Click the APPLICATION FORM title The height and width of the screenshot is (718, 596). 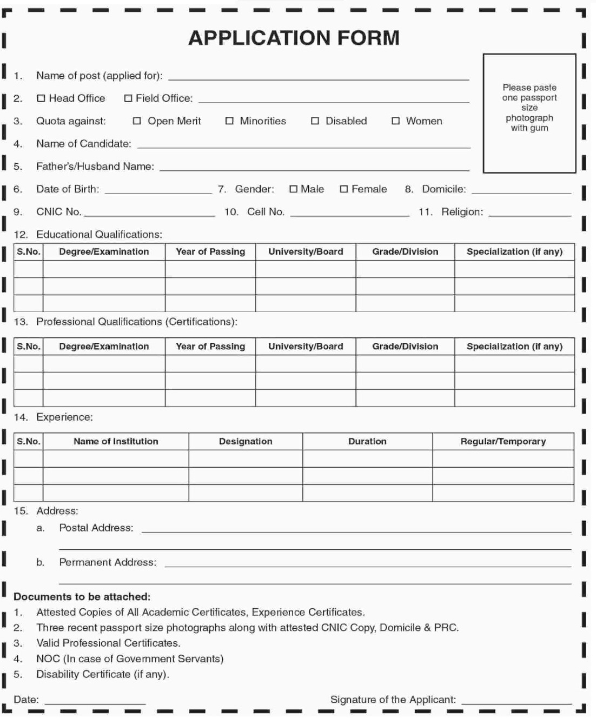tap(294, 38)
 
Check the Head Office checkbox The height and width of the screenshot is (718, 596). tap(41, 98)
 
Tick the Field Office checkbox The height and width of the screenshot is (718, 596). tap(128, 98)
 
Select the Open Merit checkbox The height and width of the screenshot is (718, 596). tap(137, 121)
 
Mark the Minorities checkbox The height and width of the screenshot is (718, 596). tap(229, 121)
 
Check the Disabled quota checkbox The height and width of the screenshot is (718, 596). tap(315, 121)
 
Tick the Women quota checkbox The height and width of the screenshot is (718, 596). tap(395, 121)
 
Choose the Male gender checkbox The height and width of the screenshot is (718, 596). tap(293, 189)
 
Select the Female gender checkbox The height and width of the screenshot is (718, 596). tap(344, 189)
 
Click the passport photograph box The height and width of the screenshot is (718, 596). tap(529, 113)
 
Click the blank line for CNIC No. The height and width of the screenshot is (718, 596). tap(149, 215)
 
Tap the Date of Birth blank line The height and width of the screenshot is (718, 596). tap(158, 192)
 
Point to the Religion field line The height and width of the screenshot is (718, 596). tap(529, 215)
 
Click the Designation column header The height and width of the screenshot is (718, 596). tap(246, 441)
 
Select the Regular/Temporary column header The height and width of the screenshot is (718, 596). tap(503, 441)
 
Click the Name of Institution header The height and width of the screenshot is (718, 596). tap(116, 441)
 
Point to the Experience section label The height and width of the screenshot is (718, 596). tap(64, 417)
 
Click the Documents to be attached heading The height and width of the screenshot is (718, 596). tap(82, 597)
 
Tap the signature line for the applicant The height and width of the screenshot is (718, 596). tap(516, 702)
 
